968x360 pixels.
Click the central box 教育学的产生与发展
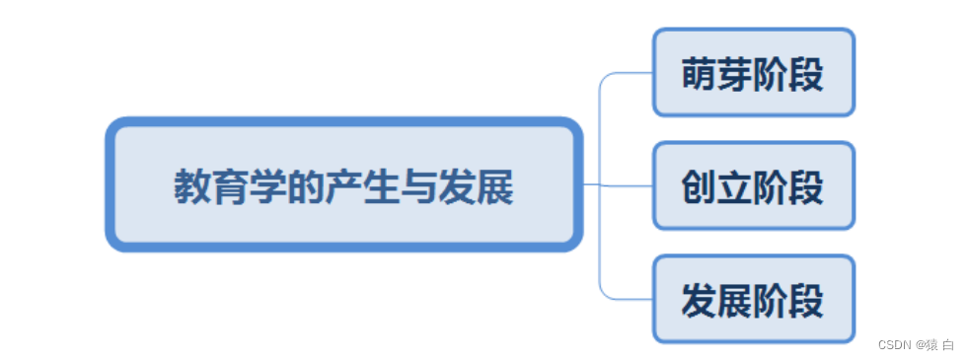pos(343,184)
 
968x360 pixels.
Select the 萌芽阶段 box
pos(753,72)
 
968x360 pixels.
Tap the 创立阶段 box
pos(753,185)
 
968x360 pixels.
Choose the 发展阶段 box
pos(753,299)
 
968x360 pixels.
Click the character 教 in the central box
pos(193,186)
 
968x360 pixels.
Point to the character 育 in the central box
pos(236,186)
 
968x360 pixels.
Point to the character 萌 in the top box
pos(700,74)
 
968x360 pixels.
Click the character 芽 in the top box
pos(735,74)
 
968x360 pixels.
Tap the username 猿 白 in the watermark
pos(937,344)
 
